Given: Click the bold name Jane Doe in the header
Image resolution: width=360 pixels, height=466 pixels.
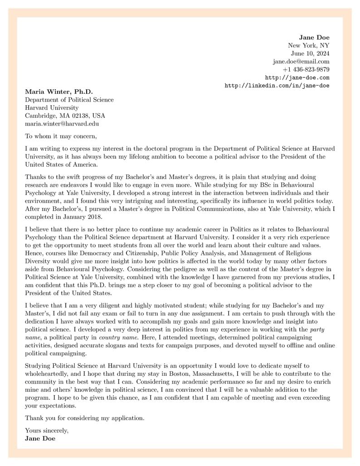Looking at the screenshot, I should pyautogui.click(x=314, y=37).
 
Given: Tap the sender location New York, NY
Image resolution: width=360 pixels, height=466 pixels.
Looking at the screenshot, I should pyautogui.click(x=308, y=45).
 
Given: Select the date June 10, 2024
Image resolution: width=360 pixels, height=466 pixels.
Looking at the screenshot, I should pyautogui.click(x=310, y=53).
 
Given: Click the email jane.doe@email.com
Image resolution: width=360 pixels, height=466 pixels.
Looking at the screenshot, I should pyautogui.click(x=301, y=62).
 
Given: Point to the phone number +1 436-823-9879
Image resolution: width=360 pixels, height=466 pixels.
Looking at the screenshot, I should pyautogui.click(x=306, y=70).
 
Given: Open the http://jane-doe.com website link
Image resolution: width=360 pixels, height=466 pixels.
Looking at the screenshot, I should pyautogui.click(x=297, y=78).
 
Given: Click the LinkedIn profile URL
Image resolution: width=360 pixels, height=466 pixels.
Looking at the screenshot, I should pyautogui.click(x=277, y=86).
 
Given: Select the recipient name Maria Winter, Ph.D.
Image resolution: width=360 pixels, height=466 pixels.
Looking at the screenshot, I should pyautogui.click(x=58, y=92).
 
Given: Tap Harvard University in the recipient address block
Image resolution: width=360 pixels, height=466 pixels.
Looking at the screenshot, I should pyautogui.click(x=51, y=108).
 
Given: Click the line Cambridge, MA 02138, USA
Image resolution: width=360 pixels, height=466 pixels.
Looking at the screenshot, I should pyautogui.click(x=65, y=116).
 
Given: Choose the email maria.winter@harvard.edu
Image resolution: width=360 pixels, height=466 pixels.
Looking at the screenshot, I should pyautogui.click(x=62, y=123).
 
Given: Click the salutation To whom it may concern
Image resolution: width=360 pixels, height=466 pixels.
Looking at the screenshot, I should pyautogui.click(x=61, y=136).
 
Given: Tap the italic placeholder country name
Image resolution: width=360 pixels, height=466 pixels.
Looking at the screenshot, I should pyautogui.click(x=117, y=338).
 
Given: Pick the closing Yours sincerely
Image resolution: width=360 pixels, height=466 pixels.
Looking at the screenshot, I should pyautogui.click(x=47, y=430).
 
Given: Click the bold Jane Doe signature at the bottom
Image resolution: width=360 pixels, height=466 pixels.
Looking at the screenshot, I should pyautogui.click(x=40, y=438).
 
